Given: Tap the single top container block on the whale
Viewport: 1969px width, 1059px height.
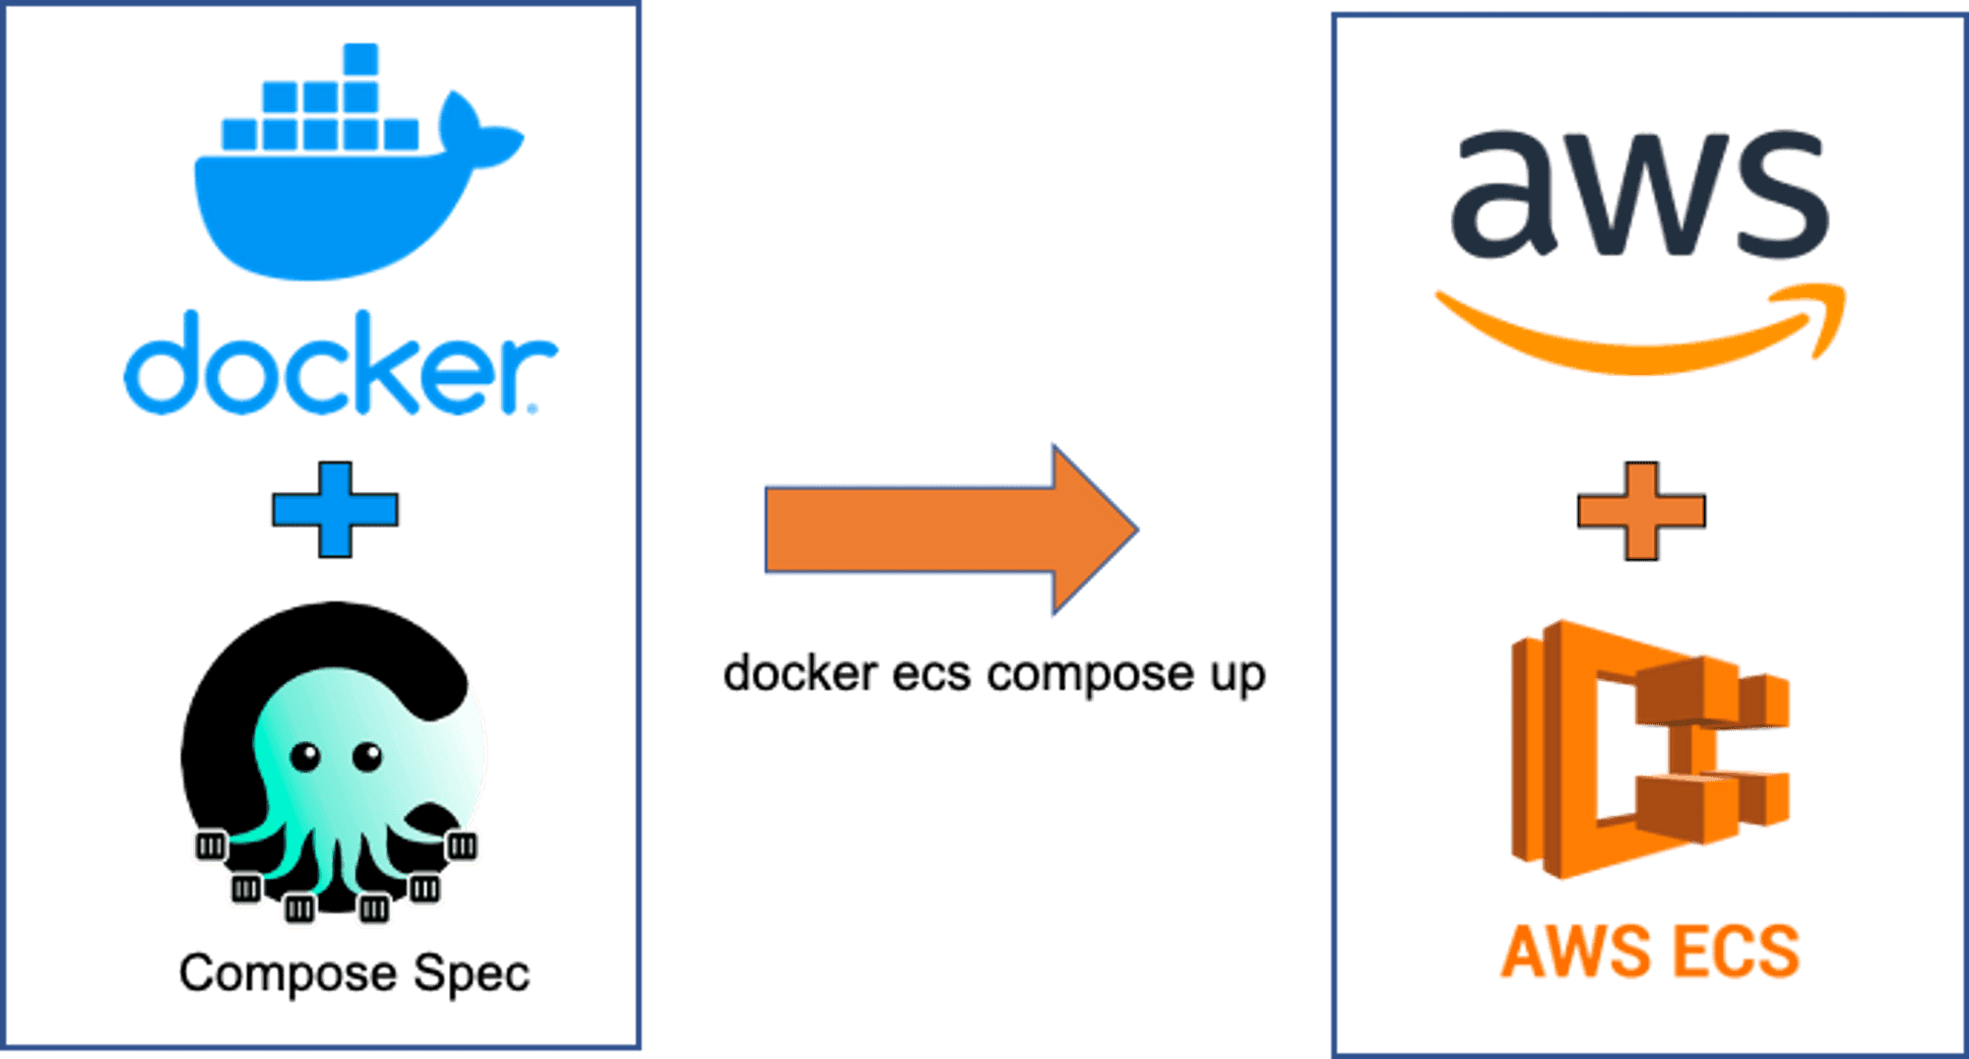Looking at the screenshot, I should click(360, 59).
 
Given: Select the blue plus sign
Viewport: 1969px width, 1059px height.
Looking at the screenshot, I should click(335, 510).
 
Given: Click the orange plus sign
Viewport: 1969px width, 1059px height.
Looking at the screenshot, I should click(1641, 511).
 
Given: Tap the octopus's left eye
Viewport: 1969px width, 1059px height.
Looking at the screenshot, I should click(305, 756).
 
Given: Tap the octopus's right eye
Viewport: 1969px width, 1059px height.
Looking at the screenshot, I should click(367, 756).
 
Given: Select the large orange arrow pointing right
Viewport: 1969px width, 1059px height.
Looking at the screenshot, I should click(935, 529).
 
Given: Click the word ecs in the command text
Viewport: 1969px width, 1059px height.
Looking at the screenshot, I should click(930, 674).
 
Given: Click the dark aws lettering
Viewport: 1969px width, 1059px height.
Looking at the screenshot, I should click(1639, 197).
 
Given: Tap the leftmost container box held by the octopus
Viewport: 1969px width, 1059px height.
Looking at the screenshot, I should click(210, 845).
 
